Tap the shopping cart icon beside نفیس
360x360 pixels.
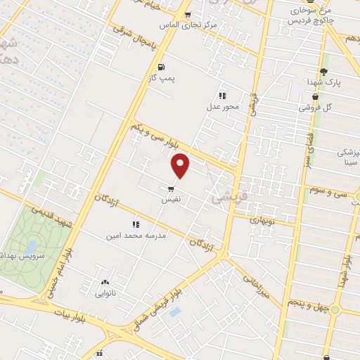tap(171, 188)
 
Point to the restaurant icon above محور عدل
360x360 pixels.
tap(222, 96)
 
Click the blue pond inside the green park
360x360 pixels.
tap(32, 247)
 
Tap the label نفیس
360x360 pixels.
tap(171, 200)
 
